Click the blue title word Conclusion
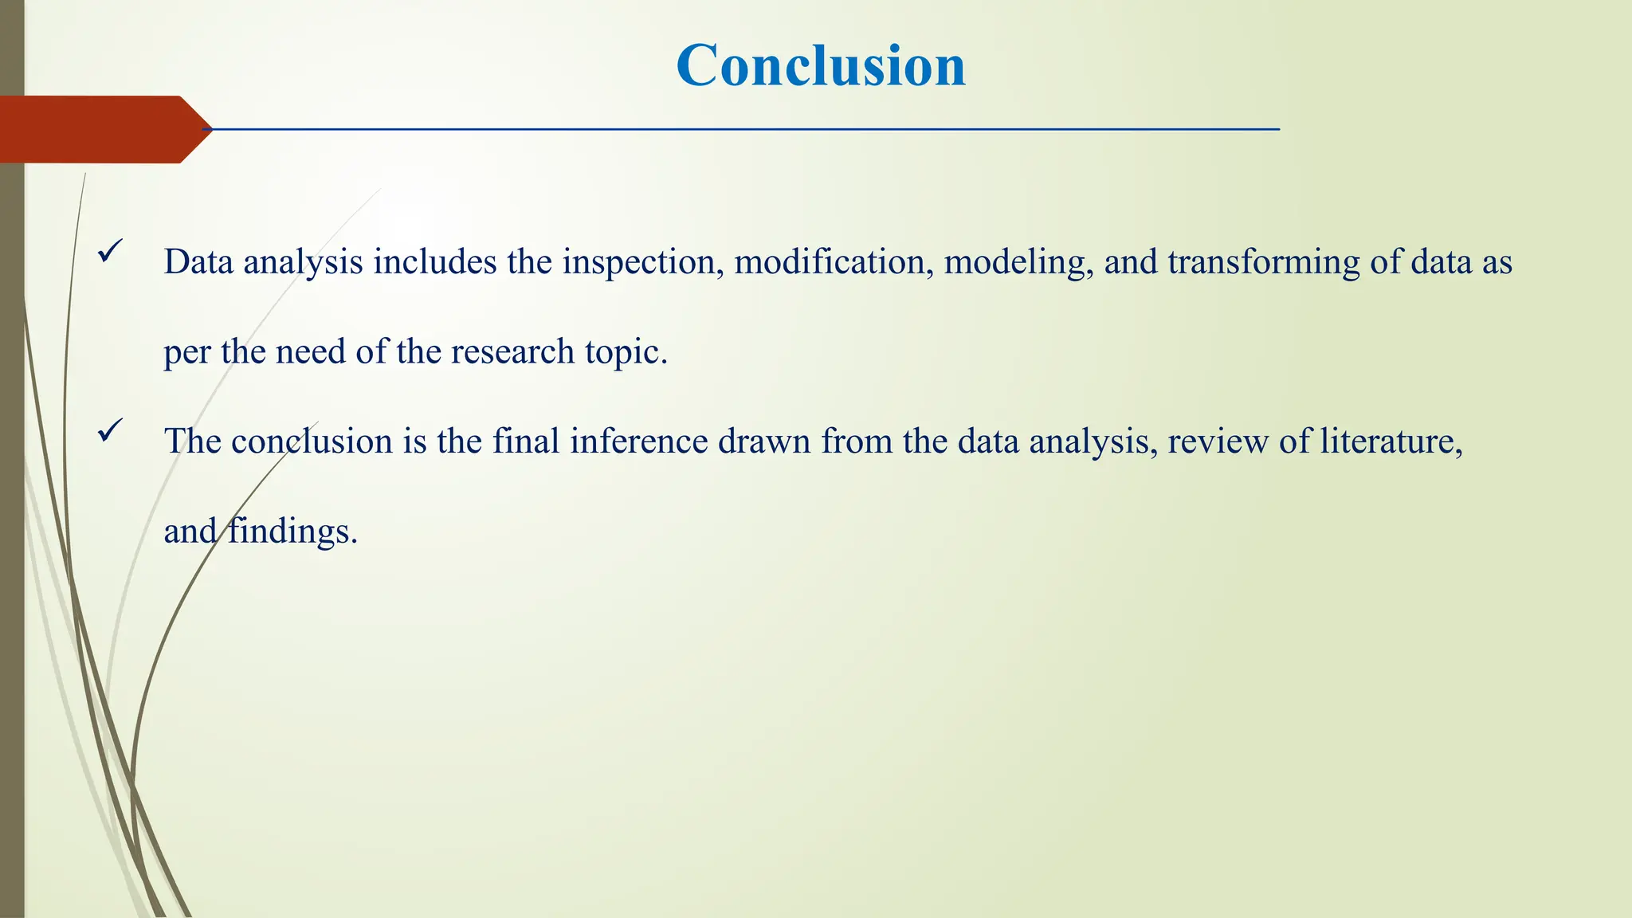pos(821,65)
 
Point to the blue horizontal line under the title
pos(741,129)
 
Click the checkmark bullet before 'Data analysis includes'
pos(110,253)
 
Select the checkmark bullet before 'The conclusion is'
pos(110,431)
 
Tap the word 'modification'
pos(833,263)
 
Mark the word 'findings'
pos(292,532)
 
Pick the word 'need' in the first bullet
pos(310,352)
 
